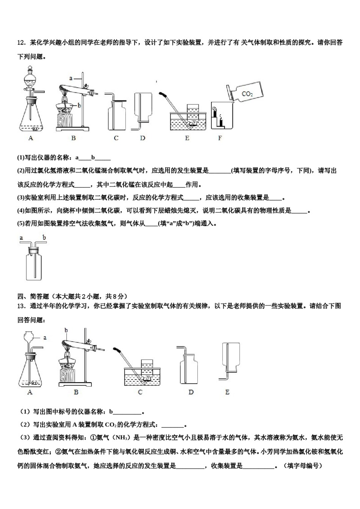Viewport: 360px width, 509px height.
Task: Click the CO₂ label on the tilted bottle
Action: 247,94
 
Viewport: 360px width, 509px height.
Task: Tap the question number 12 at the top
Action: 21,43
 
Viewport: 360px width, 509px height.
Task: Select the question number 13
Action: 21,306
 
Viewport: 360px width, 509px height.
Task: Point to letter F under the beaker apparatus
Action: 220,138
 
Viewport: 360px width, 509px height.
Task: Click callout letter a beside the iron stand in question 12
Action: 70,78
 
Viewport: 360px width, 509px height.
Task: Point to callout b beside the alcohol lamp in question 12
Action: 80,106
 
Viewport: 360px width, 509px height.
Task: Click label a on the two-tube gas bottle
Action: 21,238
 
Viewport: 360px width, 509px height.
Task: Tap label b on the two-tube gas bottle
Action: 44,238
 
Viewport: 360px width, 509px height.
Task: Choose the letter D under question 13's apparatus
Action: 191,392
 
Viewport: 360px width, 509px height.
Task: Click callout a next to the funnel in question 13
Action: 45,337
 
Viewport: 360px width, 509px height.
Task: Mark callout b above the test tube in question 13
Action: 66,330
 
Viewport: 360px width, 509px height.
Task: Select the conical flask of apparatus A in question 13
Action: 30,373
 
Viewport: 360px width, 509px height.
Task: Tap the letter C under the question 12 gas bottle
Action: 116,138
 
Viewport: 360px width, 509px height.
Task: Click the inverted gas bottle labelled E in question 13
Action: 230,358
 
